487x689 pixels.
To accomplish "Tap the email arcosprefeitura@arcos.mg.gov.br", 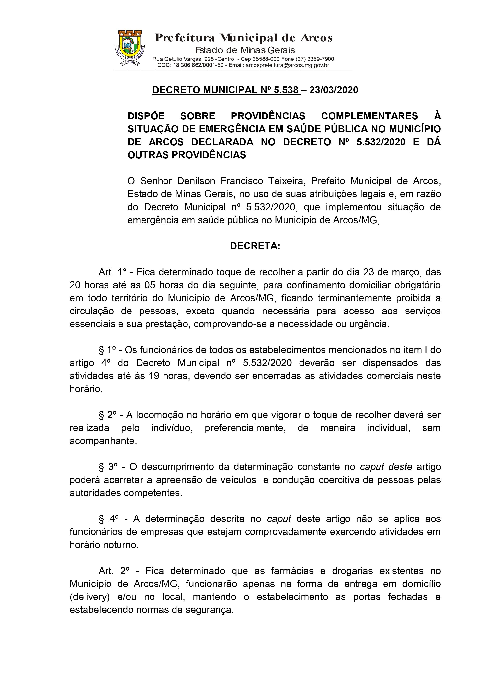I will tap(287, 65).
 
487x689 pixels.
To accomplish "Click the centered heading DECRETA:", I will tap(255, 246).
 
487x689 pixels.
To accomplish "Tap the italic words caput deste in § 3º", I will tap(386, 467).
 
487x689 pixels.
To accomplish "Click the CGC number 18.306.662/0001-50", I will tap(198, 65).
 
